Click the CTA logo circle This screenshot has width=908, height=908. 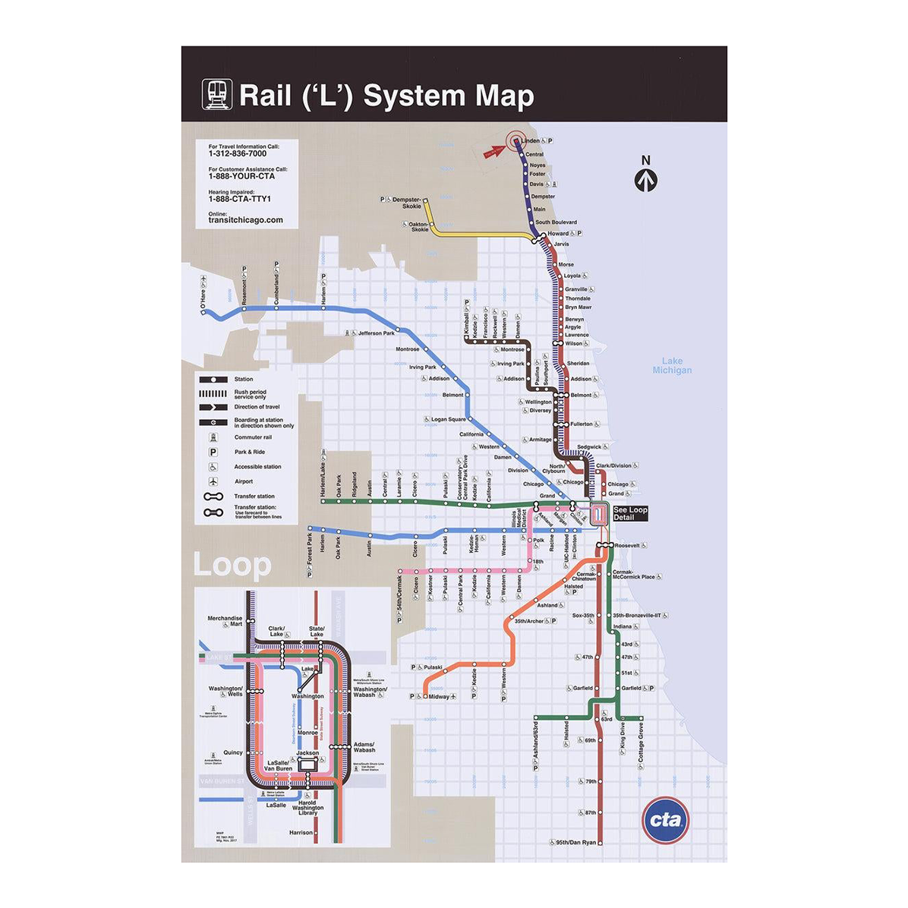pyautogui.click(x=665, y=820)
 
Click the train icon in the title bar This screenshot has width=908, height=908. pyautogui.click(x=216, y=94)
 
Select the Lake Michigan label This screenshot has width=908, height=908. pyautogui.click(x=672, y=366)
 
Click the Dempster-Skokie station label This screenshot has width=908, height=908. pyautogui.click(x=406, y=203)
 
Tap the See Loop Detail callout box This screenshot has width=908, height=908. pyautogui.click(x=629, y=513)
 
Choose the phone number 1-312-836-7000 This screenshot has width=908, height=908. pyautogui.click(x=238, y=153)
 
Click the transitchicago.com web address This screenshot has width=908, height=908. pyautogui.click(x=245, y=220)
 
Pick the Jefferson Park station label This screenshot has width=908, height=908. pyautogui.click(x=376, y=333)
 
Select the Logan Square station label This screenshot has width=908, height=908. pyautogui.click(x=448, y=419)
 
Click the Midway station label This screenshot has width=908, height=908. pyautogui.click(x=439, y=696)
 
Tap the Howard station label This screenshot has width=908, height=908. pyautogui.click(x=558, y=233)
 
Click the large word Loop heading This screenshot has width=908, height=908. pyautogui.click(x=232, y=566)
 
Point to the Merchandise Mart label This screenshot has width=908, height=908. pyautogui.click(x=225, y=621)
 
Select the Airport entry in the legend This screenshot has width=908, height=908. pyautogui.click(x=244, y=481)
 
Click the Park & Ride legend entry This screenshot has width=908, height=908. pyautogui.click(x=249, y=452)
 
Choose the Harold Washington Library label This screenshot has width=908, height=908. pyautogui.click(x=307, y=808)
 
